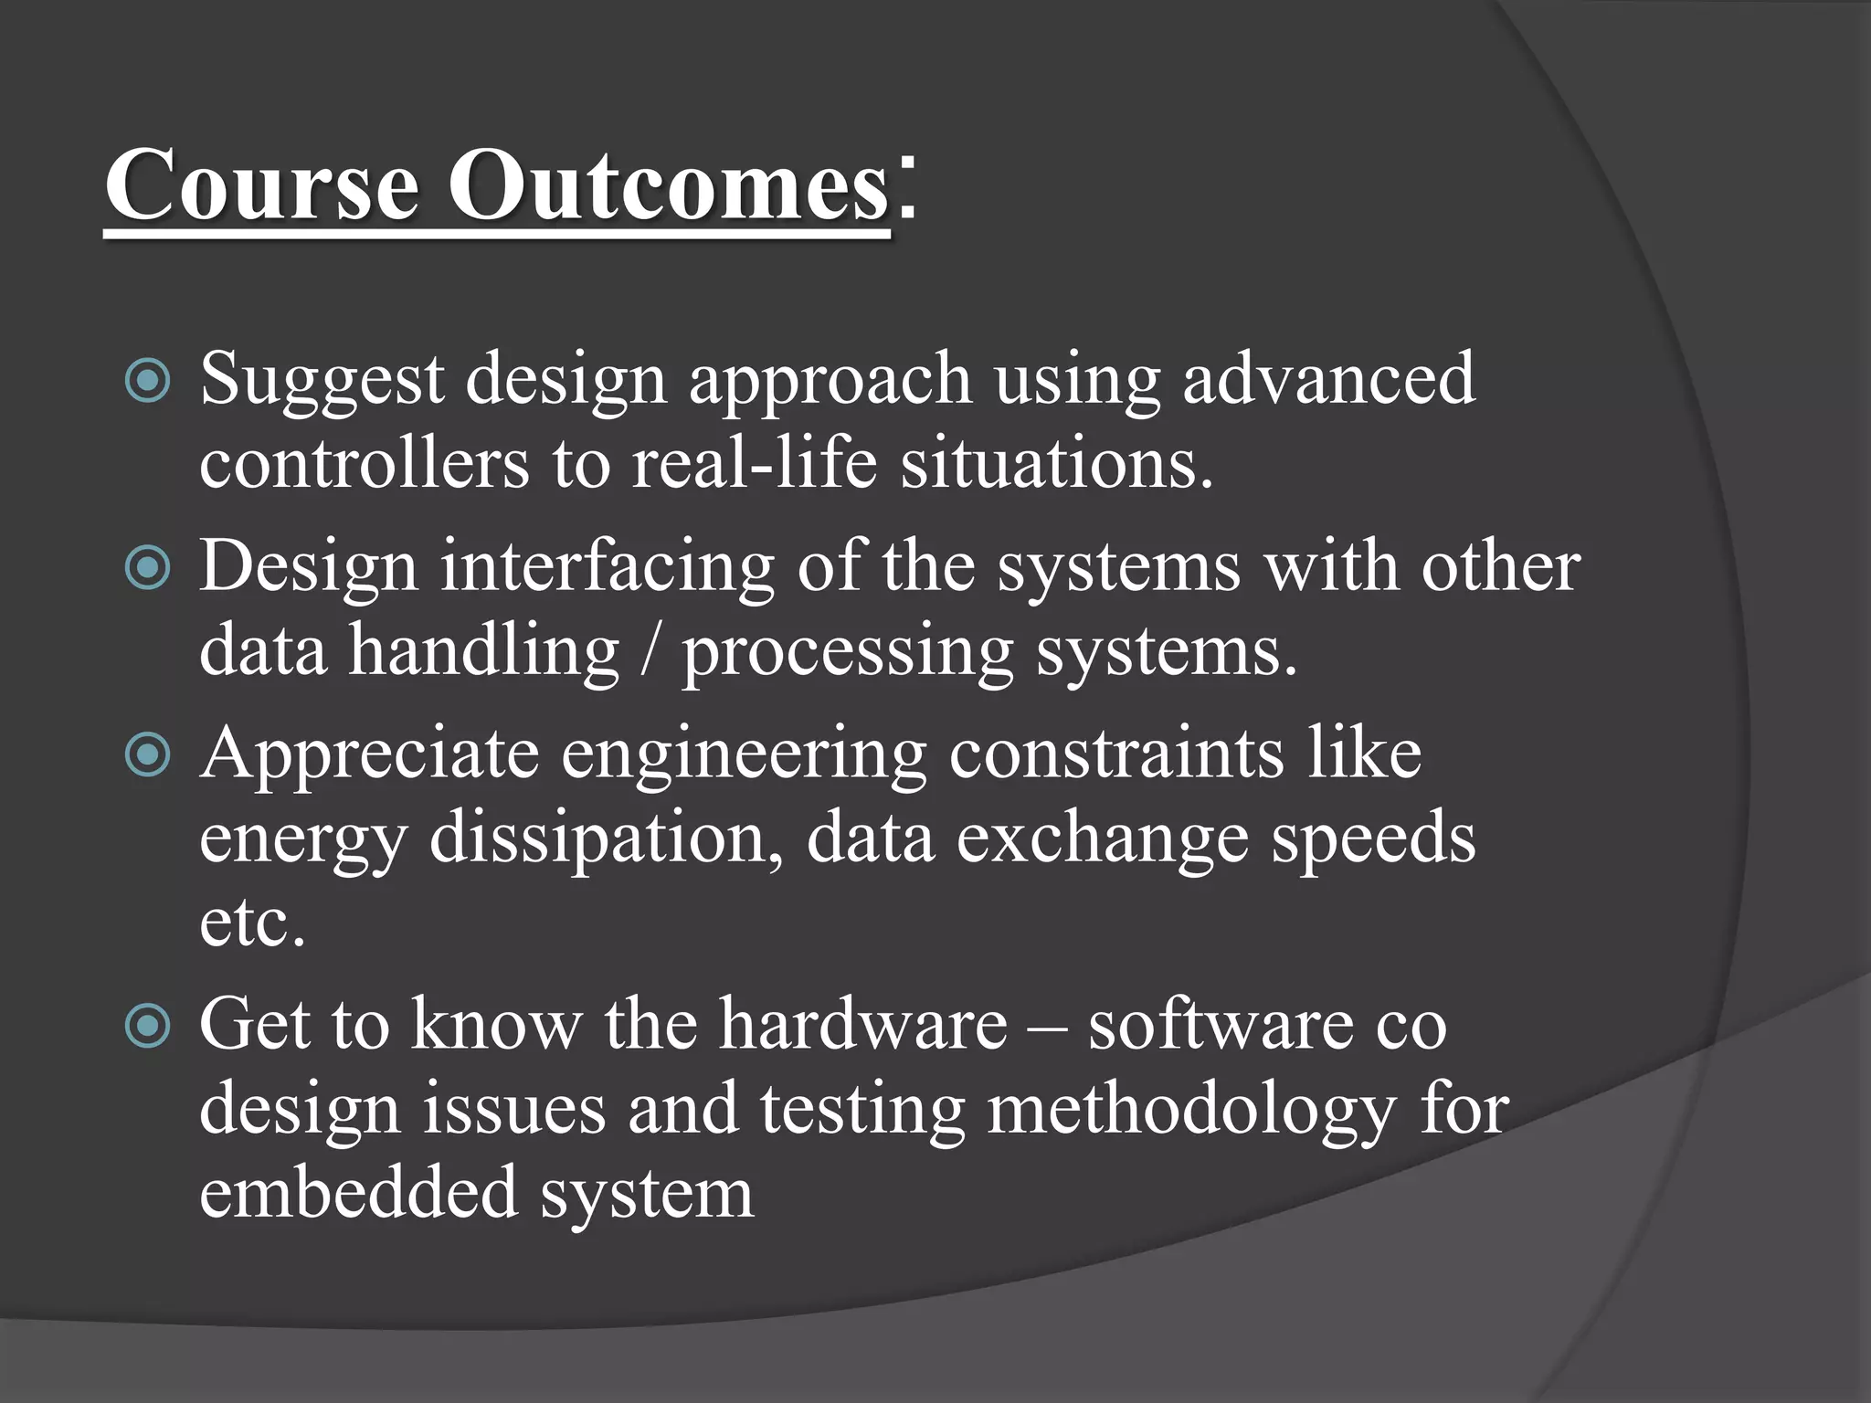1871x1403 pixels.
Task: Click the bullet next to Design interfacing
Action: click(147, 568)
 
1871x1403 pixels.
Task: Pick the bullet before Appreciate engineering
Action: click(147, 755)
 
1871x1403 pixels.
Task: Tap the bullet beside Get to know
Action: click(147, 1026)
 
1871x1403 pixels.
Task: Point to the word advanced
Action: click(1328, 378)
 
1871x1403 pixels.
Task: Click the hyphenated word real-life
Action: click(755, 463)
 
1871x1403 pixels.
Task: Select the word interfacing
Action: click(608, 567)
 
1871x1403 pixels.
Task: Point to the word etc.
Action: click(251, 923)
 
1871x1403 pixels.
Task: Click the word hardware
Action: click(862, 1024)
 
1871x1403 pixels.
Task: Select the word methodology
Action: click(1191, 1111)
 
